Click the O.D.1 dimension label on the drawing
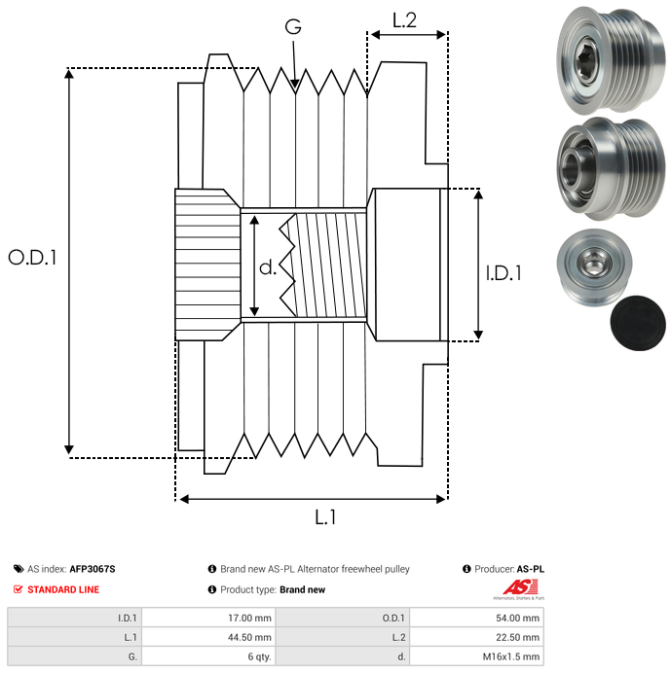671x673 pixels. [x=33, y=258]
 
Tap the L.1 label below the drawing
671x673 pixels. [x=325, y=518]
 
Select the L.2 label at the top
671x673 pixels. [x=404, y=19]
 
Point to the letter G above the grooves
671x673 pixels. [x=293, y=26]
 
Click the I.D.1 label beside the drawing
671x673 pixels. [x=503, y=274]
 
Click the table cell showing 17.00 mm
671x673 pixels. [x=250, y=618]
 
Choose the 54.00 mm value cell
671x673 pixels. [x=516, y=618]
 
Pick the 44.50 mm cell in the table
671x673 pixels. [x=250, y=637]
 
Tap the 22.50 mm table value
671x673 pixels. [x=516, y=637]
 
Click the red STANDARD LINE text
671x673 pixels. [x=63, y=589]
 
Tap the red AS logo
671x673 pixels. [x=516, y=586]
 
